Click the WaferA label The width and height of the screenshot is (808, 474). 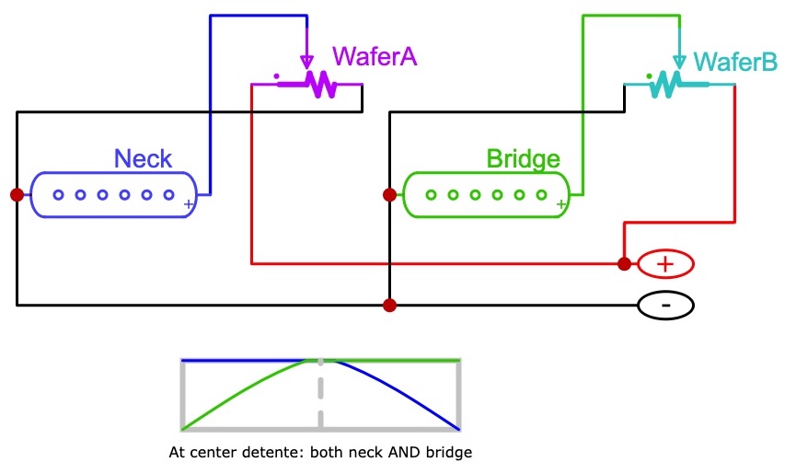(375, 56)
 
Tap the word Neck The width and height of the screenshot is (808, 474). (143, 158)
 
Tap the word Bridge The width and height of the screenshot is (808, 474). (523, 158)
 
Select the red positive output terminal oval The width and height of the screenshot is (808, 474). (665, 264)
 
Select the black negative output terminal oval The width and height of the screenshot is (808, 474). (665, 305)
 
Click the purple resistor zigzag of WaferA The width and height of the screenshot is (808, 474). (318, 85)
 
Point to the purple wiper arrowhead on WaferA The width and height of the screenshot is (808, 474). (306, 62)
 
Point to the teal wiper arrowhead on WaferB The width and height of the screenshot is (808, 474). (679, 62)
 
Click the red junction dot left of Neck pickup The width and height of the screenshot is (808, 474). (17, 194)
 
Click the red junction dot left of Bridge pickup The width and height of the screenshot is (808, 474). (390, 194)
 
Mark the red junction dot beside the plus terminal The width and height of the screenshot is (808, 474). (625, 264)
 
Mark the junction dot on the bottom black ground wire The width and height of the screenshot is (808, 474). (390, 305)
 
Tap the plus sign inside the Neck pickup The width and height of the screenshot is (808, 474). (189, 203)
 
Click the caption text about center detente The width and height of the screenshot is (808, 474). (320, 453)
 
